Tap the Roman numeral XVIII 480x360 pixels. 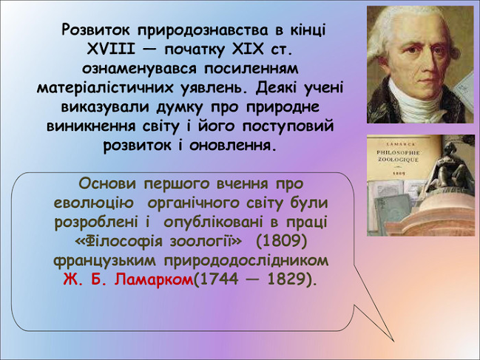pos(111,49)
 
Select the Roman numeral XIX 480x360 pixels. pos(247,49)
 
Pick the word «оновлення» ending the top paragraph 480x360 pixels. pos(230,146)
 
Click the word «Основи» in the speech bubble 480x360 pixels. pos(107,183)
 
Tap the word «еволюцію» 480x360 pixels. pos(94,203)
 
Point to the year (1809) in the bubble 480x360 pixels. pos(281,242)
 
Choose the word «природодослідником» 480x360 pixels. pos(246,261)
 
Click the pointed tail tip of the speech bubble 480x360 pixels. pos(394,341)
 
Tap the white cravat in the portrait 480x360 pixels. pos(422,106)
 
